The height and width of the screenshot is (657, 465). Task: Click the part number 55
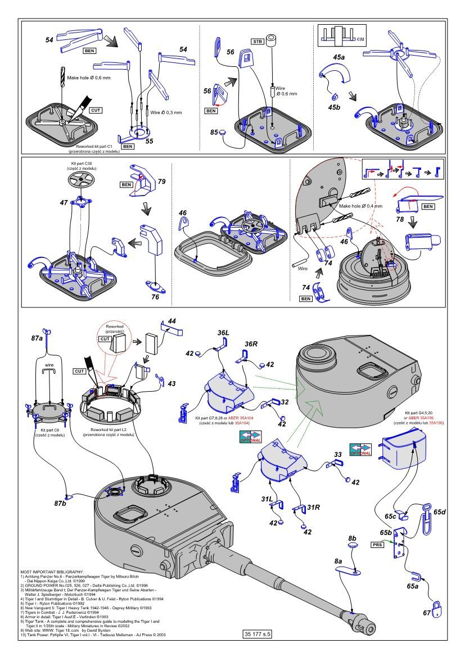149,142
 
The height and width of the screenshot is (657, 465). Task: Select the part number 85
214,133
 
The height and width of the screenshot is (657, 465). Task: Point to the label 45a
339,57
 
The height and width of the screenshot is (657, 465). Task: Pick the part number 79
162,182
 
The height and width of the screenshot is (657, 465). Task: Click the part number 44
172,320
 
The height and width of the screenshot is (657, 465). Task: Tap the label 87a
37,338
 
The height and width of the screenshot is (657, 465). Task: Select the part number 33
337,454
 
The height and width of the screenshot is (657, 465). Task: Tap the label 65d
440,512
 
